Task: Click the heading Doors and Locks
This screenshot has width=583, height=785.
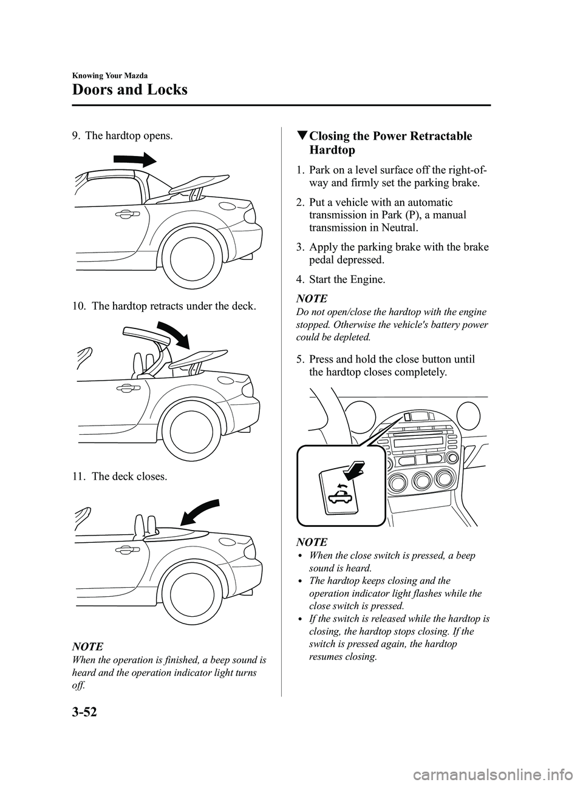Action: pos(129,90)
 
